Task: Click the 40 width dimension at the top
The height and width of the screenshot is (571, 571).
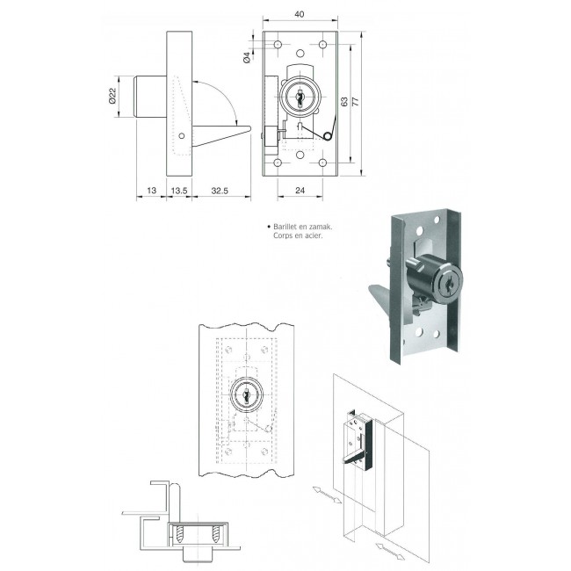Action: coord(300,14)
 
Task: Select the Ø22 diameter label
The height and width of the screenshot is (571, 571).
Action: coord(112,98)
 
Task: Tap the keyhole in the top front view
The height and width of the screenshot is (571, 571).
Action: coord(300,97)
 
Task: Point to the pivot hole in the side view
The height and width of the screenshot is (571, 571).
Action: coord(181,136)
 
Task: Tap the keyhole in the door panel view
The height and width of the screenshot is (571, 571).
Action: coord(246,395)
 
